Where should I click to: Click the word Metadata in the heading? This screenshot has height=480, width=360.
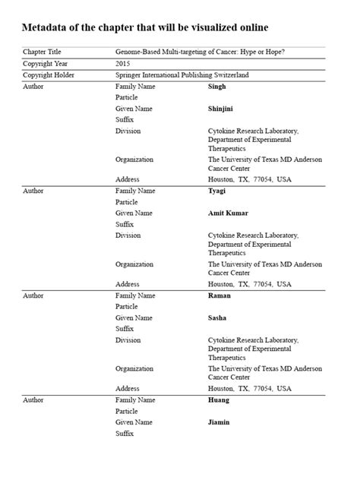(48, 28)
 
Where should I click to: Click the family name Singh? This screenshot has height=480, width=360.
(216, 87)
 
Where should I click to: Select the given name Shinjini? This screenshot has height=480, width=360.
(222, 109)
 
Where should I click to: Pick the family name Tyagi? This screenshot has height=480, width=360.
(217, 191)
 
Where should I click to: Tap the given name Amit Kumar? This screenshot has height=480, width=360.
(228, 213)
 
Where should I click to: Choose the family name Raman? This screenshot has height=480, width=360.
(219, 295)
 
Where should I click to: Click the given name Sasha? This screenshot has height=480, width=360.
(218, 317)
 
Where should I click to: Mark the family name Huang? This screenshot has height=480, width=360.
(218, 399)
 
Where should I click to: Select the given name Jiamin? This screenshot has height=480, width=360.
(219, 422)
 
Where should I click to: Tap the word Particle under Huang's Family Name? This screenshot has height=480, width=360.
(127, 411)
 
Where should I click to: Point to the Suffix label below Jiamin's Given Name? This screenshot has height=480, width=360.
(125, 433)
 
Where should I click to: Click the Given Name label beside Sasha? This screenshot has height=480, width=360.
(134, 317)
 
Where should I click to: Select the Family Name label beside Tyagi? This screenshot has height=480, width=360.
(135, 191)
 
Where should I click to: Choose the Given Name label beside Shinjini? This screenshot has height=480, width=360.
(134, 109)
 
